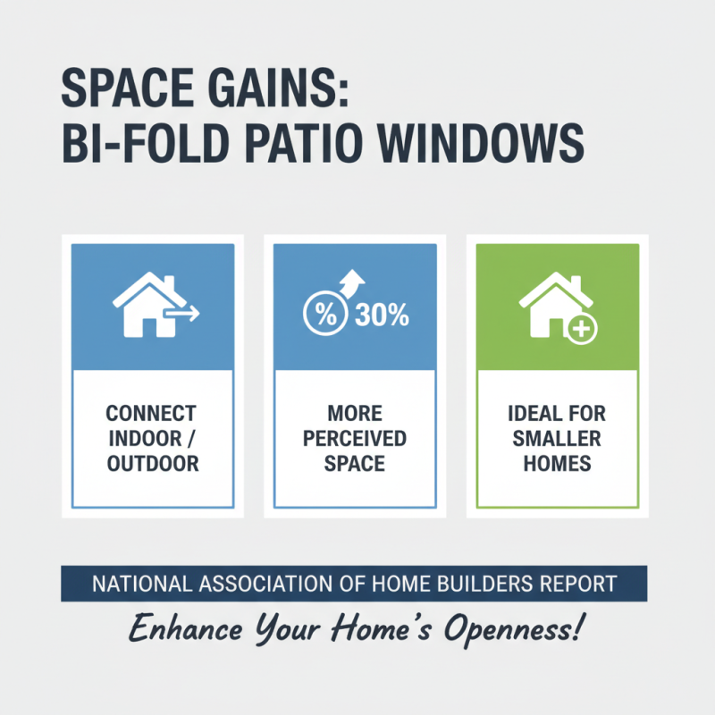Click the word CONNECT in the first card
click(151, 415)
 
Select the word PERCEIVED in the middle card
click(355, 439)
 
